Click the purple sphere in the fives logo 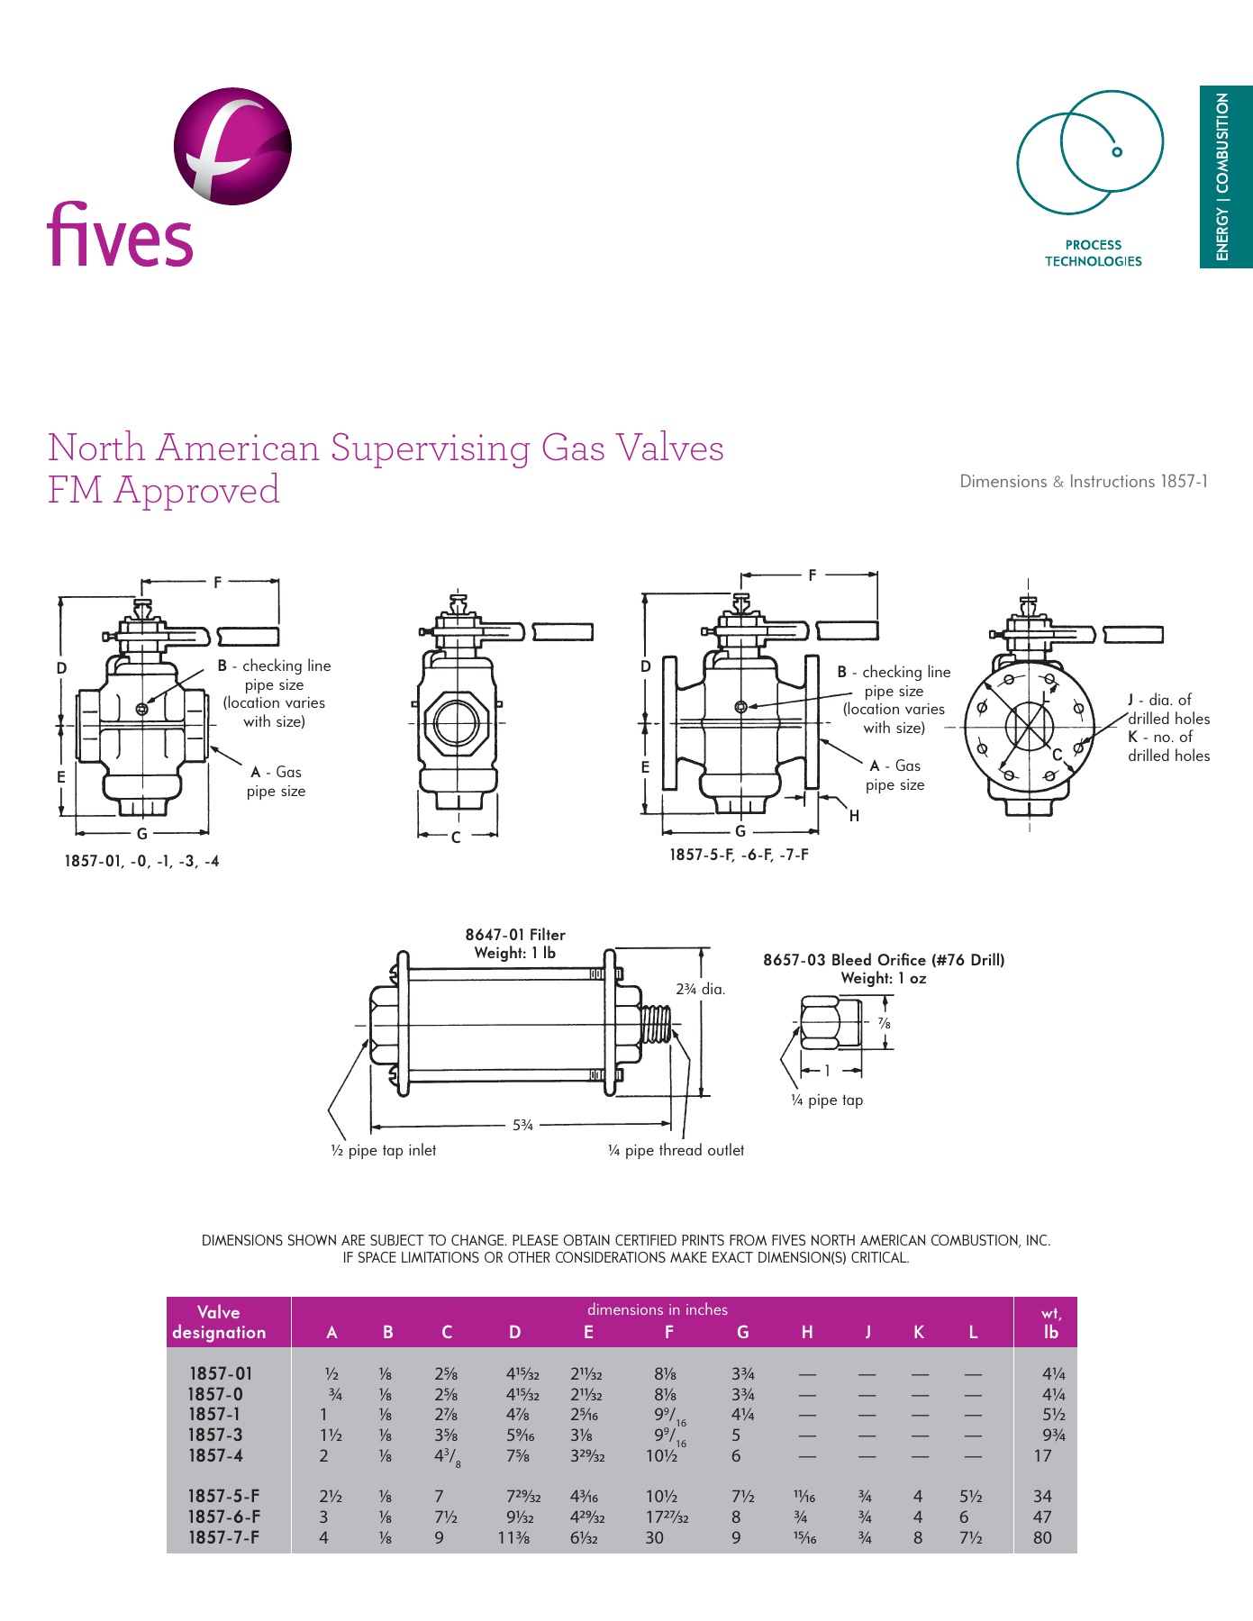(232, 146)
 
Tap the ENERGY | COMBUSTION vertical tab (1224, 177)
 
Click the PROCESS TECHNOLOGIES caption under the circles (1093, 253)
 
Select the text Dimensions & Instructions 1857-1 (1083, 482)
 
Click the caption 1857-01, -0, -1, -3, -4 (141, 862)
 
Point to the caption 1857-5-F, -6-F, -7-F (739, 855)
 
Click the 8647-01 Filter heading (515, 935)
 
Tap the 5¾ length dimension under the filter (522, 1125)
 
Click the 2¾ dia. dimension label (700, 989)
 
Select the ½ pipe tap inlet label (383, 1150)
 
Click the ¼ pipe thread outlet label (676, 1150)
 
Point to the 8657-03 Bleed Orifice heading (883, 960)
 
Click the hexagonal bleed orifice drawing (820, 1022)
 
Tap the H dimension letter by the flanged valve (854, 816)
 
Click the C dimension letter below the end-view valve (456, 838)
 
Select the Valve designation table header (219, 1322)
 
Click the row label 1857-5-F (223, 1496)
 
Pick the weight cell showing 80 (1042, 1537)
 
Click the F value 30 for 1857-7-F (655, 1537)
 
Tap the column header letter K (918, 1332)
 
